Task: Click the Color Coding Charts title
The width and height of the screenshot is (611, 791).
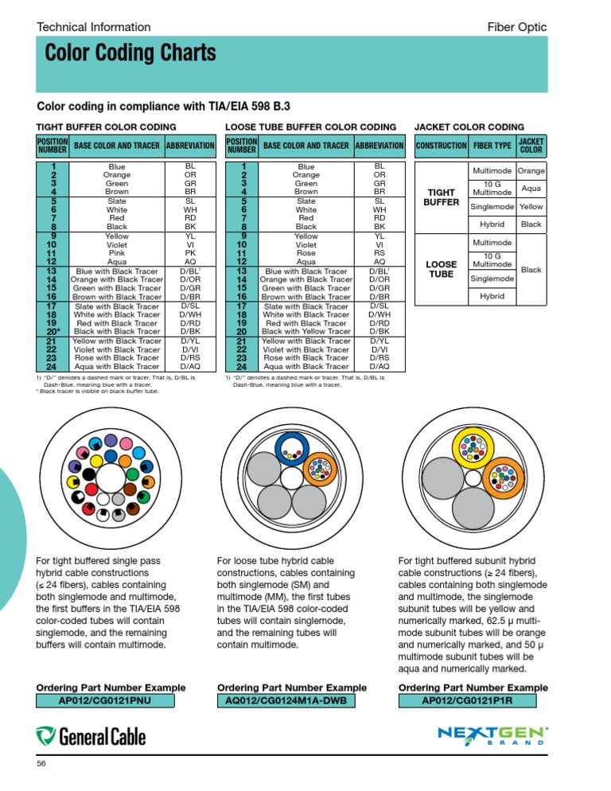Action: point(130,53)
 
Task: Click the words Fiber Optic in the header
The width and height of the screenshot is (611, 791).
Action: point(516,27)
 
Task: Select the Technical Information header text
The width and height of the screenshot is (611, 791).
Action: point(94,27)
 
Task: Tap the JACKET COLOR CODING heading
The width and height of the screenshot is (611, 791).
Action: point(469,127)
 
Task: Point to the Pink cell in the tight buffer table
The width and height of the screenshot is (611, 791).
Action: point(117,253)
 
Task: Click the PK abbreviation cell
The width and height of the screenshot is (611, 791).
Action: point(191,253)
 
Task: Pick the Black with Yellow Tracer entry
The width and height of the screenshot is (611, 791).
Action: point(306,332)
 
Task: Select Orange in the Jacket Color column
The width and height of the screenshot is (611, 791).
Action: point(531,171)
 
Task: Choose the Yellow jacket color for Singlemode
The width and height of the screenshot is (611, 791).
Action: point(531,207)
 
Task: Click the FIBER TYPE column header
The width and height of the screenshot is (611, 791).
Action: point(492,146)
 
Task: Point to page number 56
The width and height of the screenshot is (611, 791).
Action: point(43,765)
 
